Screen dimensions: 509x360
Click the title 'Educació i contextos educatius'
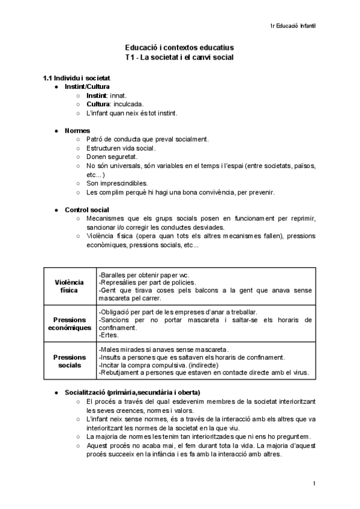click(179, 47)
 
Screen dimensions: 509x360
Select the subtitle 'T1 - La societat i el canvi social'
click(179, 57)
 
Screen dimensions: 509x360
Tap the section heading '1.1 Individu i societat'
click(76, 78)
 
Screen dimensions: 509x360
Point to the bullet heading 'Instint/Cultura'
click(87, 86)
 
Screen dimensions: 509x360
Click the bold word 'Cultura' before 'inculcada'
click(98, 104)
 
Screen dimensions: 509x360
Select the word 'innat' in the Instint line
click(118, 95)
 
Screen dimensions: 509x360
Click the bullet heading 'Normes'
click(77, 130)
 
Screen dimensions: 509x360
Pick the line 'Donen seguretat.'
click(112, 157)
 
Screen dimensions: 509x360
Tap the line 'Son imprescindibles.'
click(117, 183)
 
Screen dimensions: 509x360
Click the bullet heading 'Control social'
click(87, 209)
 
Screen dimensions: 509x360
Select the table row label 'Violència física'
click(70, 286)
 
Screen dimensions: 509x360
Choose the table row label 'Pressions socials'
click(70, 361)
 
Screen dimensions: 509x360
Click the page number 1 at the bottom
click(314, 484)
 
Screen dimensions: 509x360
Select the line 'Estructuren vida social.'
click(121, 148)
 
